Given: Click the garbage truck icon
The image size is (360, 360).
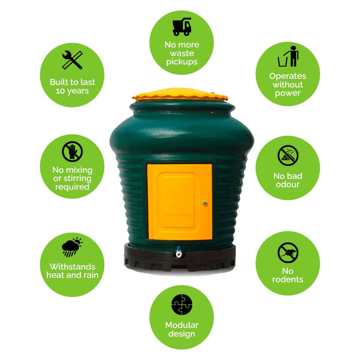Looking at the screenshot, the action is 182,26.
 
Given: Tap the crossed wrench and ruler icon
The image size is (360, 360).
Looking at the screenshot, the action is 72,60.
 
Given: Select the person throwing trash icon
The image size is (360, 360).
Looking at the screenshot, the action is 288,56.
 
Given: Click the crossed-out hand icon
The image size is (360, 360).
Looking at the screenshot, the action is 72,152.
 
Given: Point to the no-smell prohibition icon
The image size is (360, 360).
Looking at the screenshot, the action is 288,155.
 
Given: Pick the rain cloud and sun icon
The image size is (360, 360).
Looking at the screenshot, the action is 72,247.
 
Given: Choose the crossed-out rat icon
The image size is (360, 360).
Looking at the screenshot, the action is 288,252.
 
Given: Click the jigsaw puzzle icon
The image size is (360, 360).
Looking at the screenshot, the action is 182,304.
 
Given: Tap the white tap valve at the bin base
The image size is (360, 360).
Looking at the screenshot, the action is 179,252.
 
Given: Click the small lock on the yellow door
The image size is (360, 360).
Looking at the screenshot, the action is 205,203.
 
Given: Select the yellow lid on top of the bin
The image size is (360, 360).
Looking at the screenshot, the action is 180,95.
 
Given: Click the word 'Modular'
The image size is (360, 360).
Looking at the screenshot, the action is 182,325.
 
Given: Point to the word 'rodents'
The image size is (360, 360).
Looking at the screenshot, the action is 288,279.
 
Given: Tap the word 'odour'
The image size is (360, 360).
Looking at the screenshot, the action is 288,184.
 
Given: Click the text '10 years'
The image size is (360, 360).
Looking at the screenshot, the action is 72,91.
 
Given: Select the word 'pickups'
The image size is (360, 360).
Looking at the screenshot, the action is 182,62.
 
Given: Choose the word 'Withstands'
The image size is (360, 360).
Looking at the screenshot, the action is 72,266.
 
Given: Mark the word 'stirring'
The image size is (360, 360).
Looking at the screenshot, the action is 77,178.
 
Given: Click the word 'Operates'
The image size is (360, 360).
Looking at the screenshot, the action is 288,76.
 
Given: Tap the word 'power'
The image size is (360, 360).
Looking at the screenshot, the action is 288,93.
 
